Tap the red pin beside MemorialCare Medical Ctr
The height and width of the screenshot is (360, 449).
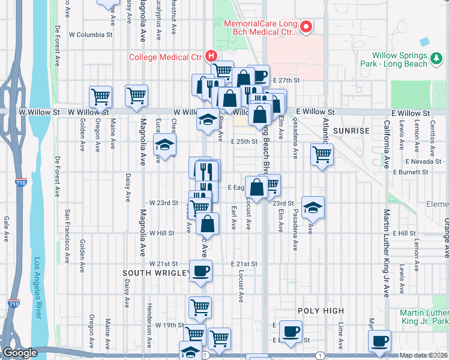coord(306,26)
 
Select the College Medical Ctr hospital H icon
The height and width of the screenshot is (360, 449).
coord(211,57)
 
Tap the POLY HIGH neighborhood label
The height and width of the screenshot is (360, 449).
coord(321,311)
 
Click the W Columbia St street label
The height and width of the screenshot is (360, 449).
coord(91,35)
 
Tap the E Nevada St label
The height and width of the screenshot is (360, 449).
coord(424,161)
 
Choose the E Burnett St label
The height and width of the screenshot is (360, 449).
coord(411,172)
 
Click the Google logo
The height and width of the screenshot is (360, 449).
coord(20,353)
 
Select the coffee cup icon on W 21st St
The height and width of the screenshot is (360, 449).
coord(200,269)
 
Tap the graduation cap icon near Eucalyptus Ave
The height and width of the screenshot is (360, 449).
coord(164,145)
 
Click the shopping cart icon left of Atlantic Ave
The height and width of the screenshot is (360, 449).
coord(322,154)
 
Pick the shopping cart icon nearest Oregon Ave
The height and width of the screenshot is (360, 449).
coord(100,95)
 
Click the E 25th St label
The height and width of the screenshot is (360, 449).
coord(244,142)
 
